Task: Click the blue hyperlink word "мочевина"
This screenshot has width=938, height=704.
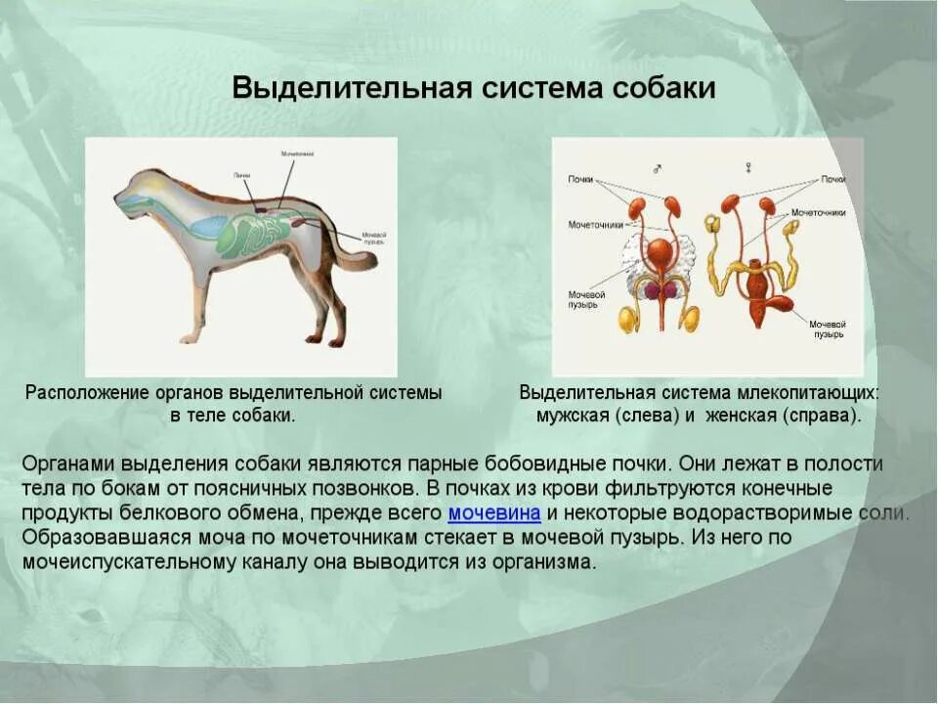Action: pyautogui.click(x=494, y=513)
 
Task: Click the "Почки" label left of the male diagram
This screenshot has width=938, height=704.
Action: pyautogui.click(x=580, y=180)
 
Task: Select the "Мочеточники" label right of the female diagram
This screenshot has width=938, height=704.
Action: pyautogui.click(x=818, y=212)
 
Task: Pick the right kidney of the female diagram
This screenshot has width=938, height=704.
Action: pyautogui.click(x=768, y=205)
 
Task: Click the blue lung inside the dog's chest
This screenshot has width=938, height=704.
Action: pyautogui.click(x=205, y=227)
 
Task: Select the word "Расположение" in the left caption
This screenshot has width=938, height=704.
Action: pyautogui.click(x=86, y=393)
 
